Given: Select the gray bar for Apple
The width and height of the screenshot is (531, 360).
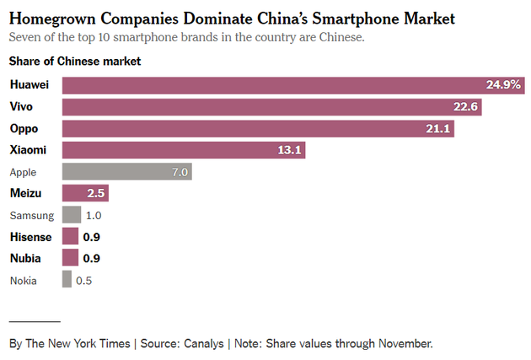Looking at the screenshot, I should click(x=127, y=172).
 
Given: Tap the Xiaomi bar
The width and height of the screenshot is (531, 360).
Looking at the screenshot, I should click(x=184, y=150).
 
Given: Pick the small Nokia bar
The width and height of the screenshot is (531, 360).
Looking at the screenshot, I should click(x=67, y=280).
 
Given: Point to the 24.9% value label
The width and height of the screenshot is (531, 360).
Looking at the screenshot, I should click(x=503, y=85).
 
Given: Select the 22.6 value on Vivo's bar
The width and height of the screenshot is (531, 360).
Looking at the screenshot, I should click(x=464, y=107).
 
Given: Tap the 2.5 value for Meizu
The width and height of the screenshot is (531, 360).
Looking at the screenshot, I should click(x=96, y=194).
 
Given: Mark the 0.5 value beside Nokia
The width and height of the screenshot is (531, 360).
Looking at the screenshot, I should click(x=84, y=280).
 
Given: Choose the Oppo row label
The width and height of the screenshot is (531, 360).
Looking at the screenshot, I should click(x=24, y=128).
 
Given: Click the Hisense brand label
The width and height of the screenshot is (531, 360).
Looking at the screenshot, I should click(x=31, y=237).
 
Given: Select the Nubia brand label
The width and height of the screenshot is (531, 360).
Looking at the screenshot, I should click(x=26, y=258).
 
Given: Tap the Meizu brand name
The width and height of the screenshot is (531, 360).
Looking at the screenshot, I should click(x=26, y=194).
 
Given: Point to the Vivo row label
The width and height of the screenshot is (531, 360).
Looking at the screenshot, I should click(x=22, y=107).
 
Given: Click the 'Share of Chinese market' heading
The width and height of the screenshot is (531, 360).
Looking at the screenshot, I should click(x=75, y=61).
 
